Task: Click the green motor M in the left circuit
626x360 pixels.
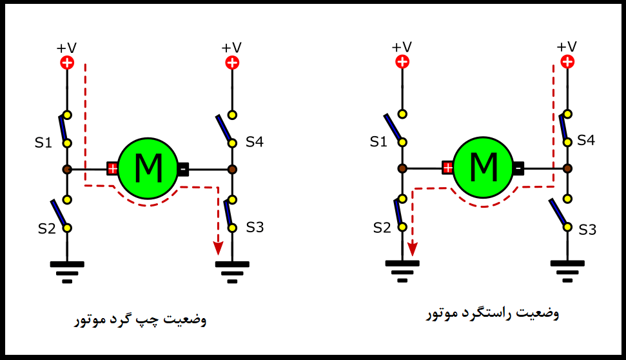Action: point(148,168)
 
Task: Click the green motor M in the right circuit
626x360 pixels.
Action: point(483,167)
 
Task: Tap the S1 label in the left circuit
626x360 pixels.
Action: point(43,143)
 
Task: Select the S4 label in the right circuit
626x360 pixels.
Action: point(586,140)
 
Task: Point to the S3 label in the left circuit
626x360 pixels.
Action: point(255,227)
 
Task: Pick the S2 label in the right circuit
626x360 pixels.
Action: point(382,228)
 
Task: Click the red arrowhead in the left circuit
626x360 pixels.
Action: point(218,248)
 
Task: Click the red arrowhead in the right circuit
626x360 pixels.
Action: point(413,249)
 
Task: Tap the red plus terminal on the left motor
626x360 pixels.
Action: point(113,168)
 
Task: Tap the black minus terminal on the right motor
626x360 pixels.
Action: point(518,168)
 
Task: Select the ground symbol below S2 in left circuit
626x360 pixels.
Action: point(67,272)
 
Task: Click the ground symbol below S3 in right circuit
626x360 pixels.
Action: point(567,272)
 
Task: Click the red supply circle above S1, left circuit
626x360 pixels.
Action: point(67,63)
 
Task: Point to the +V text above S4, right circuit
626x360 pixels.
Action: point(567,46)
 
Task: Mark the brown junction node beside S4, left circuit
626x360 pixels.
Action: point(232,170)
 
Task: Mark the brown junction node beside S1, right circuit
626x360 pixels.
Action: point(402,168)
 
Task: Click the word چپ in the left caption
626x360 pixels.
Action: point(147,320)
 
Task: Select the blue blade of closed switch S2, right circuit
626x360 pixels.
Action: point(398,212)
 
